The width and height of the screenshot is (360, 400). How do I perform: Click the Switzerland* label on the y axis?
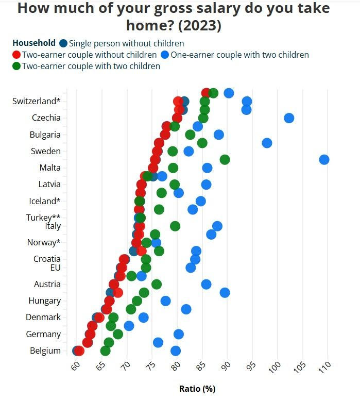click(36, 101)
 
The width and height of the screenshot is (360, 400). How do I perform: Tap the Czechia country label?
click(46, 118)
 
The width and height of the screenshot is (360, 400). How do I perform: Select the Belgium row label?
click(45, 351)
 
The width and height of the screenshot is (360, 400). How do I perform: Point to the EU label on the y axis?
click(55, 268)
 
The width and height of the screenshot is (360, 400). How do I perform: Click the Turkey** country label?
click(43, 218)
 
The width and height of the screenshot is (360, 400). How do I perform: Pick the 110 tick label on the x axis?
click(324, 368)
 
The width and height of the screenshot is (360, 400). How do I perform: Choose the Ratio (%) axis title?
click(197, 389)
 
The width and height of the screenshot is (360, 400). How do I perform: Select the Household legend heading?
click(34, 43)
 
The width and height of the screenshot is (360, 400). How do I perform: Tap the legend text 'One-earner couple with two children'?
click(239, 55)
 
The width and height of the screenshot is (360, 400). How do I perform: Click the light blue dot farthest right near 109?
click(324, 159)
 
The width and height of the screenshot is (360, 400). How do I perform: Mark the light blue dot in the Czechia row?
click(289, 118)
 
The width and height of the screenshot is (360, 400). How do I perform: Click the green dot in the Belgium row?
click(106, 351)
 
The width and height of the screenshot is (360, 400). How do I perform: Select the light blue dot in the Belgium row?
click(176, 351)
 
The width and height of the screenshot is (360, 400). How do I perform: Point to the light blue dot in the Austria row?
click(206, 284)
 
